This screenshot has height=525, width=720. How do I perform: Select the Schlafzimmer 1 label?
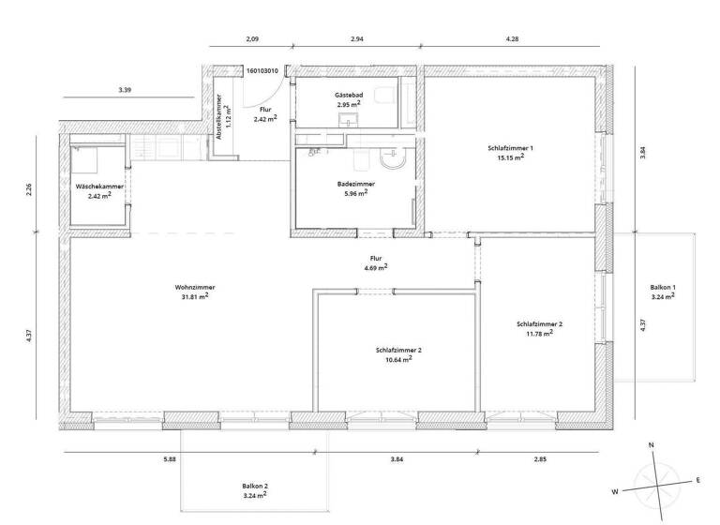click(x=510, y=147)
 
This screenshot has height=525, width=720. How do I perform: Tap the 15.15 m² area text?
click(x=510, y=157)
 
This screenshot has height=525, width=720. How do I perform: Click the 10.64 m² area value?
click(x=398, y=359)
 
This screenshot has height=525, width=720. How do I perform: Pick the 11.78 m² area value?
click(x=539, y=333)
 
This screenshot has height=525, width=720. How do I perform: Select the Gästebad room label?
click(x=348, y=96)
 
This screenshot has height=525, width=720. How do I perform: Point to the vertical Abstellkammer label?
click(x=219, y=121)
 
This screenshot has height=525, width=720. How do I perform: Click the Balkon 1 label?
click(x=663, y=287)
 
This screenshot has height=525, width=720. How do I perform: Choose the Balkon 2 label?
click(x=254, y=485)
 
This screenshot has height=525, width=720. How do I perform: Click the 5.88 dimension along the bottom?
click(x=169, y=459)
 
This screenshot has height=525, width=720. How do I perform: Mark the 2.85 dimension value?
click(x=540, y=459)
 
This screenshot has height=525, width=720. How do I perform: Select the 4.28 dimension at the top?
click(x=512, y=39)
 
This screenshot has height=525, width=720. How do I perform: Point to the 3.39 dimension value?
click(x=126, y=90)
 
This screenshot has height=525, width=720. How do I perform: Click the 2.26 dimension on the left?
click(x=29, y=188)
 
